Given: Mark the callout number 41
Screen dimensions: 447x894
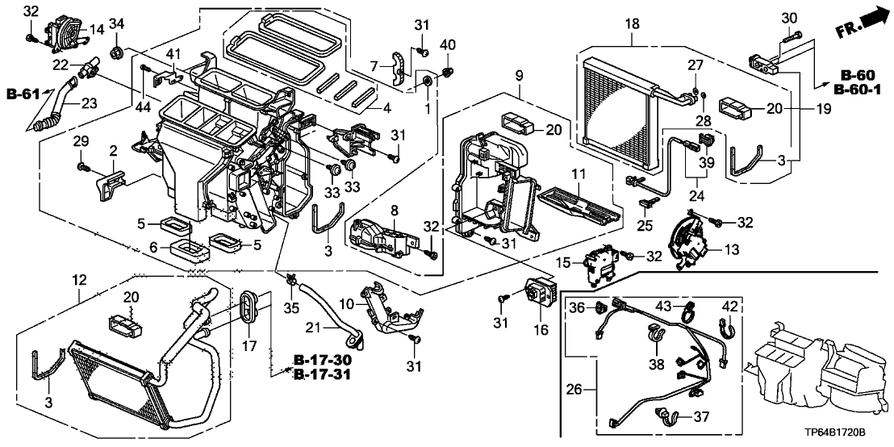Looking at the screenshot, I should click(172, 53).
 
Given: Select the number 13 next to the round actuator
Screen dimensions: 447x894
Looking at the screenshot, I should click(730, 250).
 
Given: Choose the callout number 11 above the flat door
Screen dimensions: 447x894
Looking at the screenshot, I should click(577, 173).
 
